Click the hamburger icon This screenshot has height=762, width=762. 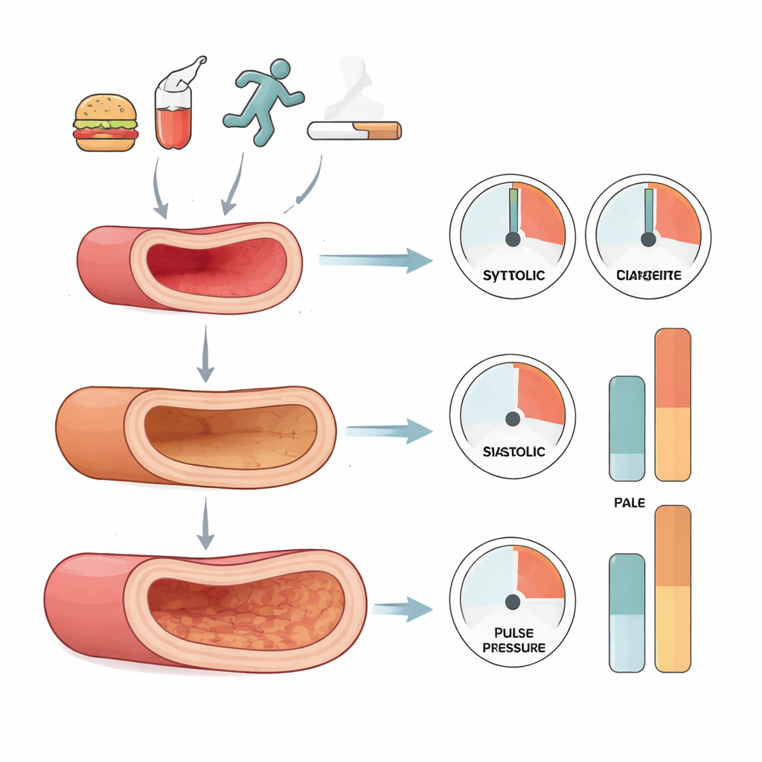pyautogui.click(x=106, y=123)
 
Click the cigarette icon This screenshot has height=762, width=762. pyautogui.click(x=354, y=131)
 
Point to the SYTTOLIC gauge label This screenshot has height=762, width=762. pyautogui.click(x=513, y=275)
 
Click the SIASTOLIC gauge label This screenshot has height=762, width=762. pyautogui.click(x=513, y=452)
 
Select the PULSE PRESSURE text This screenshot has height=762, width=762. pyautogui.click(x=513, y=640)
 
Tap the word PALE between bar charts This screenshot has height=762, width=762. pyautogui.click(x=630, y=503)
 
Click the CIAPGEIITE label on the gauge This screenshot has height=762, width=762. pyautogui.click(x=648, y=276)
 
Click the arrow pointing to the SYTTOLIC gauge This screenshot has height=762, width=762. pyautogui.click(x=376, y=260)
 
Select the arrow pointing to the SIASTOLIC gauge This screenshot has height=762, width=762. pyautogui.click(x=389, y=430)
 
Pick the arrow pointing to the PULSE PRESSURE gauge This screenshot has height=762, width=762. pyautogui.click(x=403, y=609)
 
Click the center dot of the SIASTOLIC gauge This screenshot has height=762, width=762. pyautogui.click(x=513, y=419)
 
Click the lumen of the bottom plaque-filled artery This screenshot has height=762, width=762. pyautogui.click(x=246, y=603)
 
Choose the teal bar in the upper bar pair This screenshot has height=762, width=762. pyautogui.click(x=627, y=428)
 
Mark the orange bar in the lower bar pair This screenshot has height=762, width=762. pyautogui.click(x=672, y=588)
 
